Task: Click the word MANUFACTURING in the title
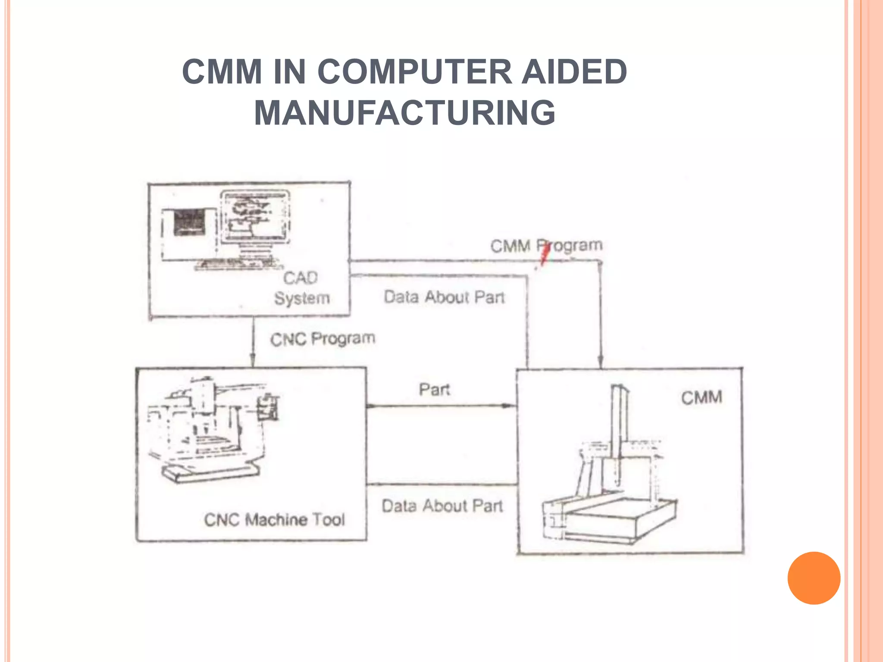pyautogui.click(x=404, y=113)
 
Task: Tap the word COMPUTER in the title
pyautogui.click(x=414, y=72)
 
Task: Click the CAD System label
pyautogui.click(x=301, y=288)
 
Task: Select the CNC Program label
pyautogui.click(x=323, y=339)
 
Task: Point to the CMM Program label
pyautogui.click(x=546, y=246)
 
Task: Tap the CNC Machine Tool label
pyautogui.click(x=274, y=519)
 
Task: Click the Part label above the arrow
pyautogui.click(x=434, y=390)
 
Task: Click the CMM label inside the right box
pyautogui.click(x=701, y=397)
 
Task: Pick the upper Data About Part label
pyautogui.click(x=444, y=297)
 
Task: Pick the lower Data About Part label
pyautogui.click(x=442, y=506)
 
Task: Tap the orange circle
pyautogui.click(x=814, y=578)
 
